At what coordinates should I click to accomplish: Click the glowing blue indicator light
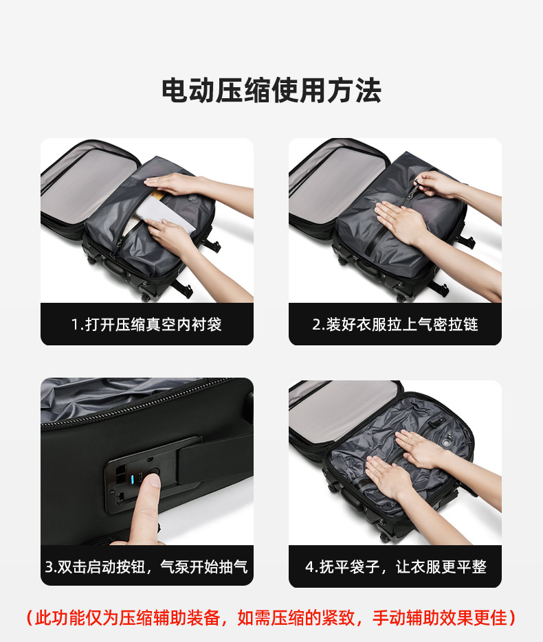[x=133, y=479]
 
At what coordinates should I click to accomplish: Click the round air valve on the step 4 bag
[x=446, y=442]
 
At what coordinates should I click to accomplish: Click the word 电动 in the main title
[x=189, y=90]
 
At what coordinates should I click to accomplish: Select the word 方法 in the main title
[x=355, y=90]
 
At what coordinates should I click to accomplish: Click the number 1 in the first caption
[x=75, y=325]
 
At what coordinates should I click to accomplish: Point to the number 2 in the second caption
[x=316, y=325]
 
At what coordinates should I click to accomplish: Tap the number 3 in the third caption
[x=49, y=567]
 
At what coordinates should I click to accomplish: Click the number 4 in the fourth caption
[x=310, y=567]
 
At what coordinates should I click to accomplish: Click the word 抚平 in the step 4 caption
[x=334, y=567]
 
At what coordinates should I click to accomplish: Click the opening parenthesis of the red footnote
[x=30, y=618]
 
